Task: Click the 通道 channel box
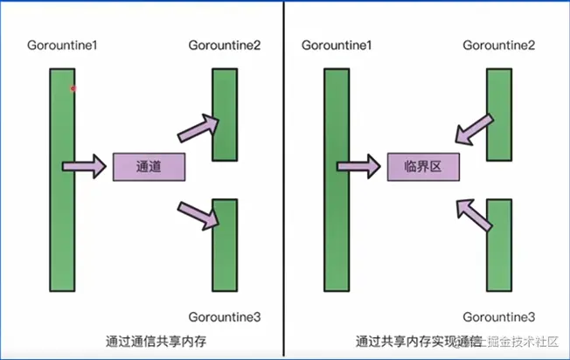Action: coord(149,166)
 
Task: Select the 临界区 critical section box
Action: coord(423,166)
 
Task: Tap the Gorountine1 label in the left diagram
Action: coord(61,45)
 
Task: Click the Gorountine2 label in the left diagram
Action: coord(225,45)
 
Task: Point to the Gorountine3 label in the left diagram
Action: coord(225,315)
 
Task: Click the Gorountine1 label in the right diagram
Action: coord(336,45)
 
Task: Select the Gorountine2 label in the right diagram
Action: coord(498,45)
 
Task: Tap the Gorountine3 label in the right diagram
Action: coord(498,315)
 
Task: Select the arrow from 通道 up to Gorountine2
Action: coord(197,128)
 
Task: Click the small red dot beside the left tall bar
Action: coord(73,88)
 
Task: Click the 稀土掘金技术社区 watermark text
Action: coord(516,342)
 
